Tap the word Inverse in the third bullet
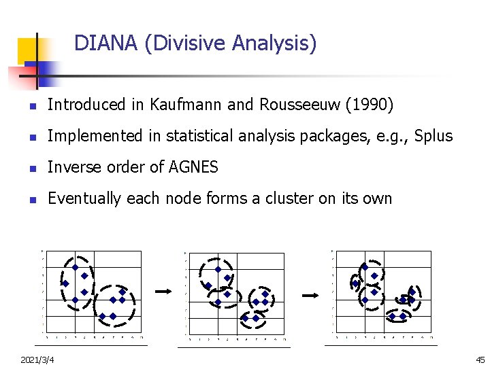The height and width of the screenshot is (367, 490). click(73, 167)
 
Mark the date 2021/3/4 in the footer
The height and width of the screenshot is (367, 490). click(38, 359)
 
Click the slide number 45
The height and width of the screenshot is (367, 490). click(480, 359)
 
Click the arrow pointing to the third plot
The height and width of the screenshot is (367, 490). click(310, 296)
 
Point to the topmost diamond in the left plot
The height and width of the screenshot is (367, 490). click(75, 268)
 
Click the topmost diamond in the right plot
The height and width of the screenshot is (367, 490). click(365, 267)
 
